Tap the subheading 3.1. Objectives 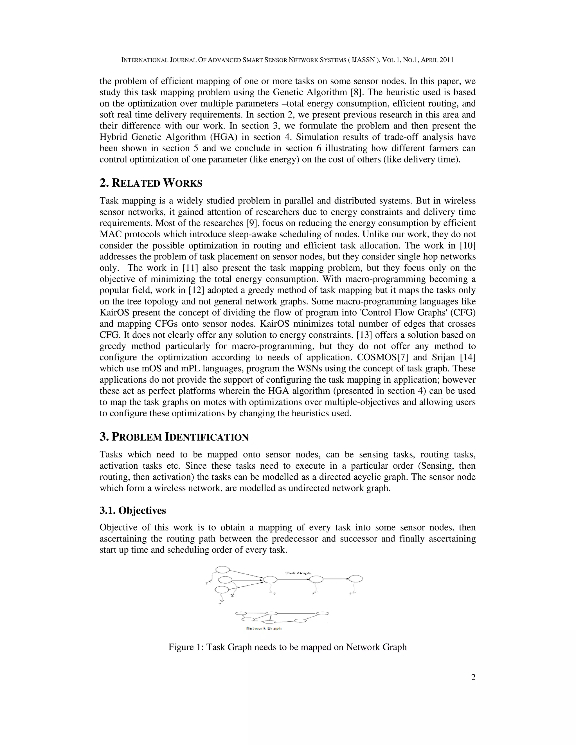[x=133, y=510]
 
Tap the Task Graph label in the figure [x=298, y=573]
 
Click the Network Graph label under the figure [x=264, y=628]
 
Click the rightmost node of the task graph [x=355, y=579]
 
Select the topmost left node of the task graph [x=223, y=569]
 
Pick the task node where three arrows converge [x=270, y=580]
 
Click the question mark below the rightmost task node [x=350, y=594]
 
